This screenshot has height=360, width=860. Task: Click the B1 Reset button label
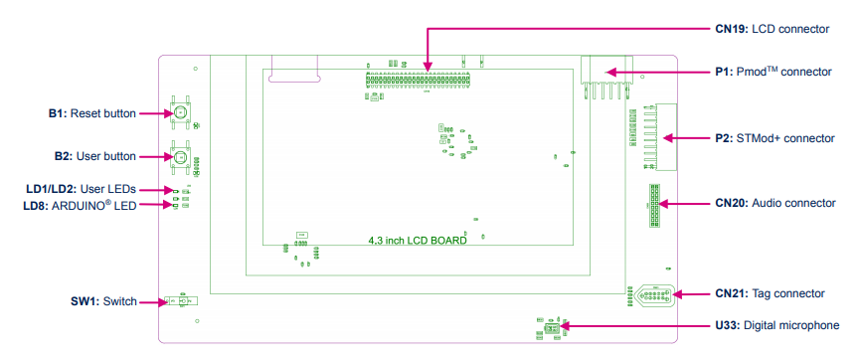pos(91,113)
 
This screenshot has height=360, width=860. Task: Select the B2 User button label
pos(94,156)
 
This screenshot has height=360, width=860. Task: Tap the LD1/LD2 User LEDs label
pos(87,188)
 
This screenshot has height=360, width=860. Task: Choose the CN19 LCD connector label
pos(772,29)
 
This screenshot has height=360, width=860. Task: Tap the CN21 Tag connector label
pos(770,293)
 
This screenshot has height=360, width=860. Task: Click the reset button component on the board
pos(181,113)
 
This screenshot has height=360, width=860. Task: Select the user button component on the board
pos(181,156)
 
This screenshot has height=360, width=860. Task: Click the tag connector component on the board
pos(653,294)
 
